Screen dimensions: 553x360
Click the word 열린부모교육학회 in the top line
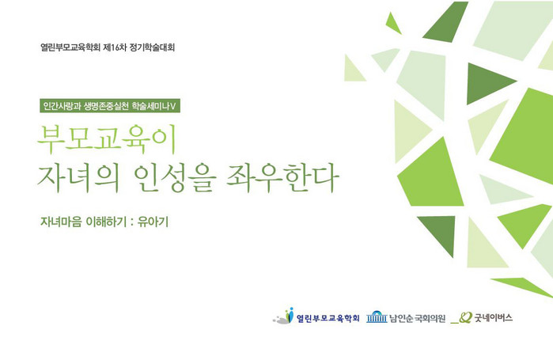tap(70, 47)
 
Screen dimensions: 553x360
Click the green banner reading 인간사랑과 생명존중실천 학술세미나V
tap(110, 105)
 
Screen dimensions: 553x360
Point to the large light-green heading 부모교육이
tap(107, 139)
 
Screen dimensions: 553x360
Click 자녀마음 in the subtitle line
tap(61, 222)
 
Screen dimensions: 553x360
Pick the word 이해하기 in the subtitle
tap(106, 222)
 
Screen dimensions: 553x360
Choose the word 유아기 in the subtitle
tap(153, 222)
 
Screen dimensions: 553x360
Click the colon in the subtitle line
tap(132, 222)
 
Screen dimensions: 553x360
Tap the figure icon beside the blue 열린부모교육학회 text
tap(283, 316)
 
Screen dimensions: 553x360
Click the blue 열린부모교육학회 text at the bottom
tap(328, 318)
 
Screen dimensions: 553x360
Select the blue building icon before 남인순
tap(377, 317)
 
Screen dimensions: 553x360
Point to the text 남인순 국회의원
tap(417, 319)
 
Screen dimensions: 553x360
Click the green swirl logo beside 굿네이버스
tap(461, 318)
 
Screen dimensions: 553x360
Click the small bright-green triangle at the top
tap(392, 24)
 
